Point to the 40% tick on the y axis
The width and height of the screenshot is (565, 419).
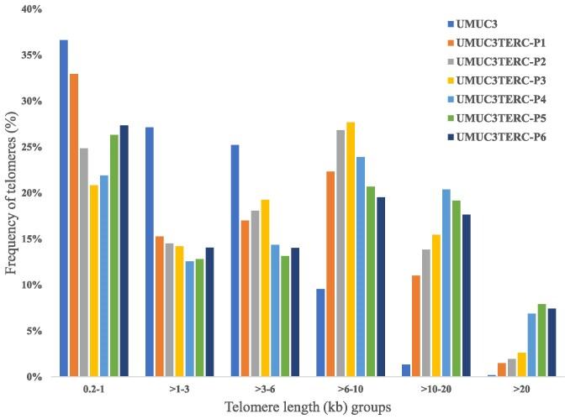coord(30,9)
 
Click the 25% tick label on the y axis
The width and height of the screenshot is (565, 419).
coord(30,147)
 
